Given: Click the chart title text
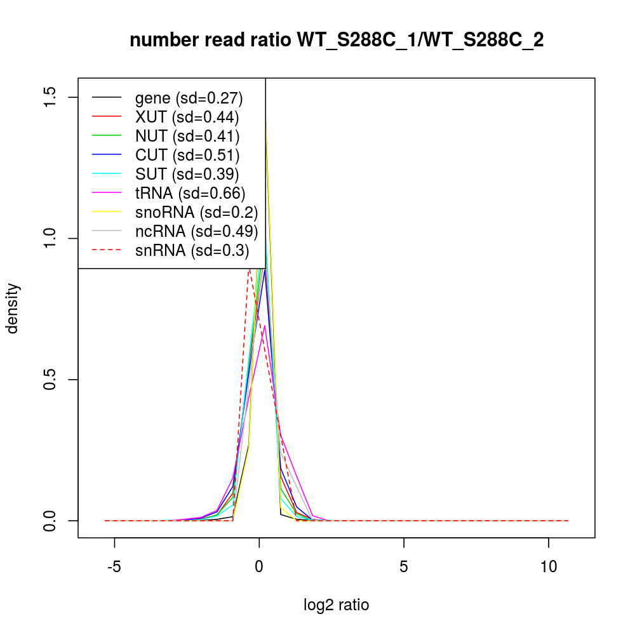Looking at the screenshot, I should pyautogui.click(x=337, y=41).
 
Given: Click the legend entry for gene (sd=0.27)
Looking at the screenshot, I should pyautogui.click(x=189, y=98).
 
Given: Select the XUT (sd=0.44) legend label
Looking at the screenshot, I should pyautogui.click(x=187, y=117).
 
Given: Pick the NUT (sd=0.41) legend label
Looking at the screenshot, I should pyautogui.click(x=187, y=136).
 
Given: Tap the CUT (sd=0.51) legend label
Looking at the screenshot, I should pyautogui.click(x=187, y=155).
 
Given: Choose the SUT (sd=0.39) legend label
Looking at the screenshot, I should pyautogui.click(x=187, y=174).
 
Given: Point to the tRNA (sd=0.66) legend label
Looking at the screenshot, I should pyautogui.click(x=190, y=193).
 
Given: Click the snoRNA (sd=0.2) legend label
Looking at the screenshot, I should pyautogui.click(x=196, y=212).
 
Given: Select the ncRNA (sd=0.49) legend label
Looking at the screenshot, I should pyautogui.click(x=196, y=231).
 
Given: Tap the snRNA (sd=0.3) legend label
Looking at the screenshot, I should pyautogui.click(x=192, y=250).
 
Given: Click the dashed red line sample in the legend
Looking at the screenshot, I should pyautogui.click(x=107, y=250).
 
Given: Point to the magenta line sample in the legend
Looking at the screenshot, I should pyautogui.click(x=107, y=193).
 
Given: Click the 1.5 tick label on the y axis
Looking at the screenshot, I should pyautogui.click(x=51, y=97).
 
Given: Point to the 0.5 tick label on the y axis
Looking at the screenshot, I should pyautogui.click(x=51, y=380).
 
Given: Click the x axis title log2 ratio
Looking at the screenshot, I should pyautogui.click(x=337, y=605).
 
